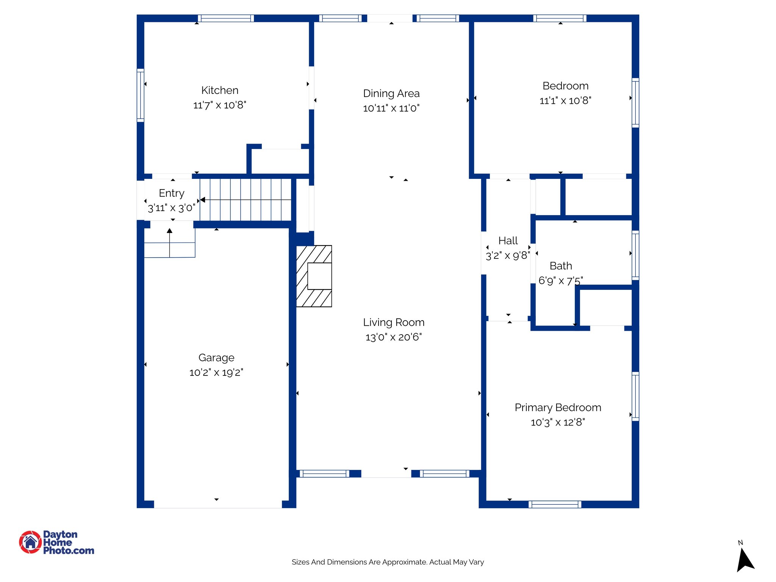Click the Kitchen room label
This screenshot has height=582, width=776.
coord(220,90)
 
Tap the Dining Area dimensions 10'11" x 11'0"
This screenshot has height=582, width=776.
coord(391,108)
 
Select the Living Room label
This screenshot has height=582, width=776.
coord(394,322)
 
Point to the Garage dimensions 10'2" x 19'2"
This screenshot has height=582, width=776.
coord(216,372)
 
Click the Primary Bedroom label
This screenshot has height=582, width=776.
coord(558,407)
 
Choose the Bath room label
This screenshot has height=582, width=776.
coord(561,266)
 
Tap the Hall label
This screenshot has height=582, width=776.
coord(508,241)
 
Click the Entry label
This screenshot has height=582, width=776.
coord(171,193)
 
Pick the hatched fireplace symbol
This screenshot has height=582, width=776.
coord(314,276)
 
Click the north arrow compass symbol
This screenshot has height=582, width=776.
coord(745,559)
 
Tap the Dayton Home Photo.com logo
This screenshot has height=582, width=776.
coord(56,542)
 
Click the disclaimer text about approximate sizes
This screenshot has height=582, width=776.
coord(388,562)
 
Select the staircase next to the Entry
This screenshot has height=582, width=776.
coord(246,200)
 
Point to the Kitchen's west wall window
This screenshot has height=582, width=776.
coord(140,95)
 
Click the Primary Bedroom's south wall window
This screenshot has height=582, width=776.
coord(555,504)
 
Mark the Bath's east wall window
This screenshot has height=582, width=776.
coord(635,255)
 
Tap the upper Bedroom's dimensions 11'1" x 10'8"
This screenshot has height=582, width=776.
coord(565,100)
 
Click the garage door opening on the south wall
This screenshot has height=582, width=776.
coord(218,504)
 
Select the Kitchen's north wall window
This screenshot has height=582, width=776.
coord(226,18)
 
